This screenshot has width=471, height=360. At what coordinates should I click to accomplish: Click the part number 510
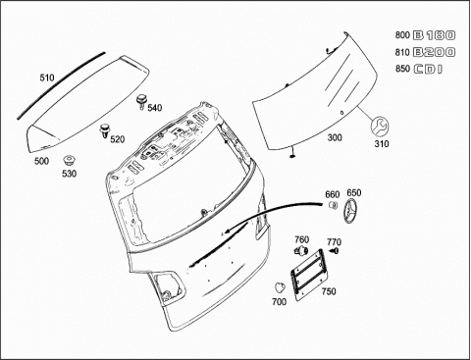point(47,77)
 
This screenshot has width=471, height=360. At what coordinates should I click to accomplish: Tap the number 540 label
point(155,108)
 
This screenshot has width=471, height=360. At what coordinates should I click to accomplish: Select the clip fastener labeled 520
point(104,130)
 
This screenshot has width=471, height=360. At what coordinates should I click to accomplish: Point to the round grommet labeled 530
point(69,161)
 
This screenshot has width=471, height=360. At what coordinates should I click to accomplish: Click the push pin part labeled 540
point(141,101)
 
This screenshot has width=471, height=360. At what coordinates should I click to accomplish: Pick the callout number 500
point(41,161)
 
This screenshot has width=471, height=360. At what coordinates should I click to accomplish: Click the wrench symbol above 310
point(380,126)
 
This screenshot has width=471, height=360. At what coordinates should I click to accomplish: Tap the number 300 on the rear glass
point(335,137)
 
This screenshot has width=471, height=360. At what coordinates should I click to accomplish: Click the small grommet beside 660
point(333,205)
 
